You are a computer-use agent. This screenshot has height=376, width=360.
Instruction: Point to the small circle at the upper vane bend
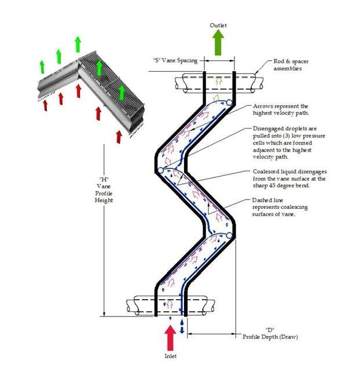click(229, 103)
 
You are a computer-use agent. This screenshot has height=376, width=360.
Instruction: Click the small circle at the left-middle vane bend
click(159, 170)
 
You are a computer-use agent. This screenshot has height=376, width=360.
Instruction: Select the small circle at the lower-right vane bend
click(230, 235)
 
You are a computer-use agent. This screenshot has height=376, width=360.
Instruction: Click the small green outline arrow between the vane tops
click(218, 81)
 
